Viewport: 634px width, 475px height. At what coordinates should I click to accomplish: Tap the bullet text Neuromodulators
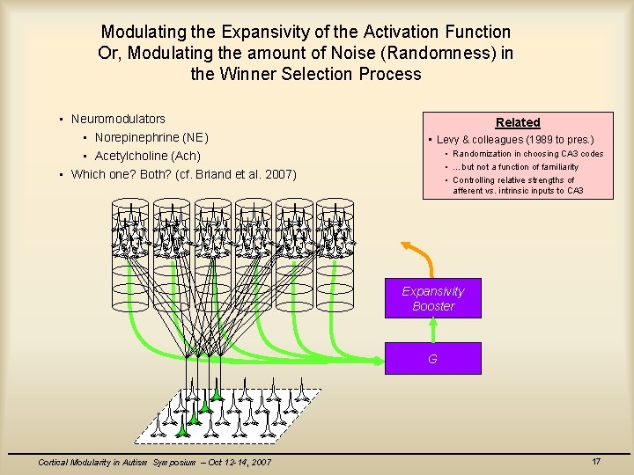coord(118,119)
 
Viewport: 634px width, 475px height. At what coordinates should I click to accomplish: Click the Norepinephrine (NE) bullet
coord(151,137)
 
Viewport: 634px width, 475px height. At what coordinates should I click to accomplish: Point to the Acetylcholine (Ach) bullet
coord(148,156)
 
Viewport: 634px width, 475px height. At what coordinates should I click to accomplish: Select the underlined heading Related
coord(518,122)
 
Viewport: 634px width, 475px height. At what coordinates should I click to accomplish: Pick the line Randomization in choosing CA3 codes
coord(527,154)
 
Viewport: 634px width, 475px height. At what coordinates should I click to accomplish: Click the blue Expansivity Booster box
coord(433,299)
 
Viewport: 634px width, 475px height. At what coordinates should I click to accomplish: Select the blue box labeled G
coord(433,359)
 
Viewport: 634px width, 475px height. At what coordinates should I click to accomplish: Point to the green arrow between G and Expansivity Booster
coord(433,330)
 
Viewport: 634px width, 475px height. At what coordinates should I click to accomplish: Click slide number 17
coord(596,462)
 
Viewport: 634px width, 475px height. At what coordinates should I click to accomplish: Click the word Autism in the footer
coord(136,463)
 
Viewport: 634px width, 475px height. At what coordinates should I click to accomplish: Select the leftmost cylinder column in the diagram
coord(130,255)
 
